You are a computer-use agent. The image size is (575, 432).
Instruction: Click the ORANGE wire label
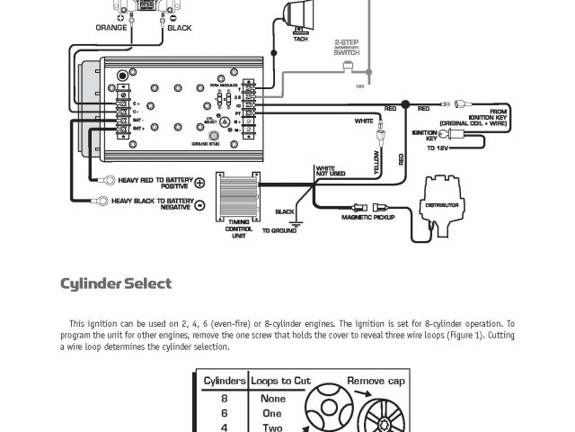[111, 28]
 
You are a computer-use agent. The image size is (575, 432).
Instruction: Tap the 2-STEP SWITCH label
[347, 47]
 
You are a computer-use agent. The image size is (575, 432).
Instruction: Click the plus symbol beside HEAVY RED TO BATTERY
[199, 182]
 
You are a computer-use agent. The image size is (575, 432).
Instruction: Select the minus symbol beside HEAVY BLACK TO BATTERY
[199, 204]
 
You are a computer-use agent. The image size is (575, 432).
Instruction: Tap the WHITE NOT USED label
[330, 171]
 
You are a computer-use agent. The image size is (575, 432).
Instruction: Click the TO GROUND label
[279, 231]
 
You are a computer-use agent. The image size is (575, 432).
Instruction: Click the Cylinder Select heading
[116, 284]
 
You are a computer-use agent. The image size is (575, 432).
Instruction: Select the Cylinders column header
[224, 381]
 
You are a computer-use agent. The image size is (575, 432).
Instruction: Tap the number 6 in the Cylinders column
[224, 413]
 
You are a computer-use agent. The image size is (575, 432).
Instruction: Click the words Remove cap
[376, 381]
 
